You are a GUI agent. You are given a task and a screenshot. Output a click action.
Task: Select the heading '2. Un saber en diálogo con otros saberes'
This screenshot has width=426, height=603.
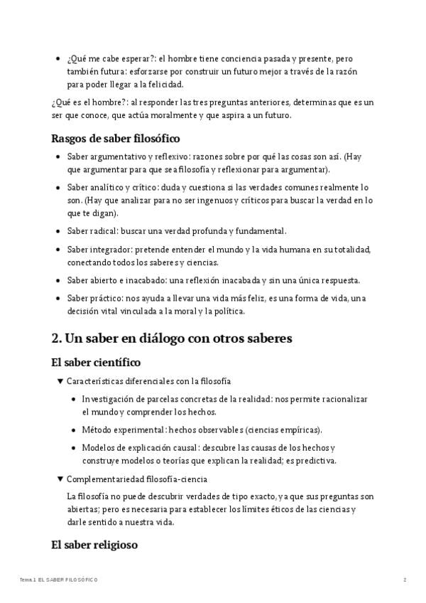[172, 339]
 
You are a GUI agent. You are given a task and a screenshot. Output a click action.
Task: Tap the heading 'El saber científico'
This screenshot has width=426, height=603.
[96, 363]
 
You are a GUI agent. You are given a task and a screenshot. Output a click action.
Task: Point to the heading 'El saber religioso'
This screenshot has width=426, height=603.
[94, 545]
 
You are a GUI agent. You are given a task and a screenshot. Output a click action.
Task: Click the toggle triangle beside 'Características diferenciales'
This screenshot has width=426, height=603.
[60, 381]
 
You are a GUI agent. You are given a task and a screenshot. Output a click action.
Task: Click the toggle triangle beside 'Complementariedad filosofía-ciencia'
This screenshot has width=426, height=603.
[60, 479]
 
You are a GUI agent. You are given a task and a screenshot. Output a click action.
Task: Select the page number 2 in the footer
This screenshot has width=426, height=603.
[405, 580]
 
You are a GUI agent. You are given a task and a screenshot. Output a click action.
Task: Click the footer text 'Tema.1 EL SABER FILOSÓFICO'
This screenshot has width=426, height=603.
[59, 580]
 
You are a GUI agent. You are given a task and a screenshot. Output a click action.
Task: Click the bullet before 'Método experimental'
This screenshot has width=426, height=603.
[75, 430]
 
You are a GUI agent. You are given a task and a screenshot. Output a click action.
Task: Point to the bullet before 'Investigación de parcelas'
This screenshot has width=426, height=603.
[75, 400]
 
